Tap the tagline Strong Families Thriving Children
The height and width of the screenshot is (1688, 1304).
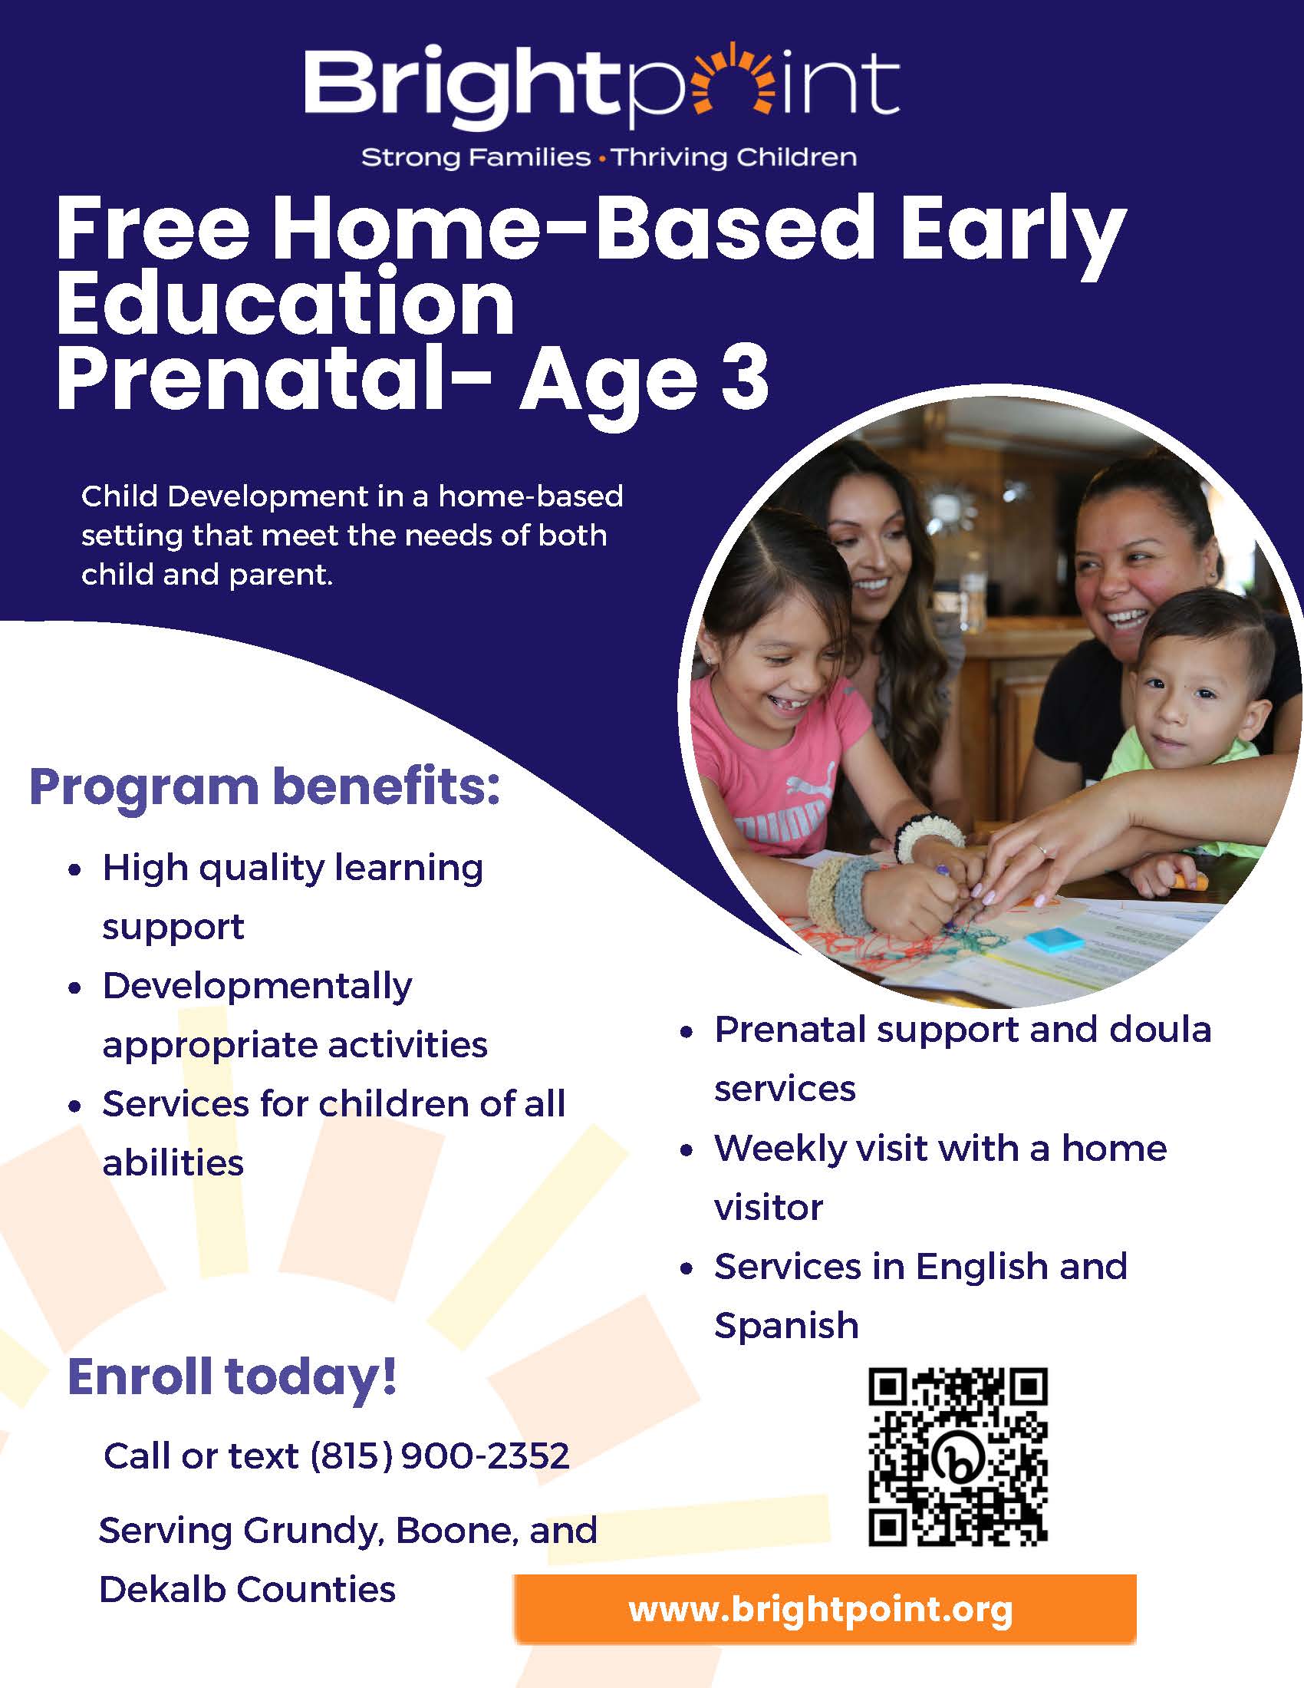pos(609,157)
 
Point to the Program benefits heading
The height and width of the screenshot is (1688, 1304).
pos(265,786)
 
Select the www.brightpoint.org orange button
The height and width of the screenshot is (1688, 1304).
pos(825,1610)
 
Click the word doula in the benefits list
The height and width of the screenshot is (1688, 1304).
pos(1161,1030)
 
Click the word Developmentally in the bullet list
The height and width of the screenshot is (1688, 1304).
pos(257,987)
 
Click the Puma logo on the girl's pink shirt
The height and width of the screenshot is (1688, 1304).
pos(811,788)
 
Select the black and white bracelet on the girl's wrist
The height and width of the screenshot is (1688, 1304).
pos(929,836)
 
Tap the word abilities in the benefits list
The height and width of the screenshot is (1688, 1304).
pos(173,1163)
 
